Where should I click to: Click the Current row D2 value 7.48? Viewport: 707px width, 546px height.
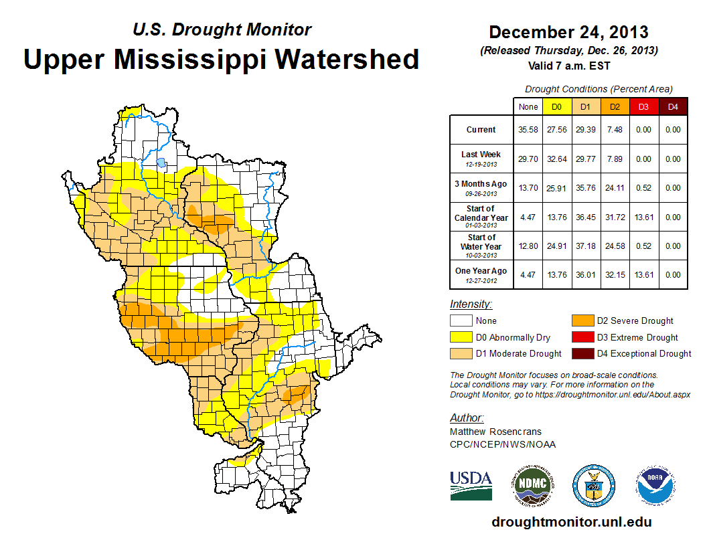(614, 130)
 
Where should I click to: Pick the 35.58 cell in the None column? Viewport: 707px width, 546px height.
(528, 130)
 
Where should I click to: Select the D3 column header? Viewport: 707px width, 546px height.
(643, 106)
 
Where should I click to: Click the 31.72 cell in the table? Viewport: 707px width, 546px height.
(614, 217)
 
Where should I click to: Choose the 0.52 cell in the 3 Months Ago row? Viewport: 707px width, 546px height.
(643, 188)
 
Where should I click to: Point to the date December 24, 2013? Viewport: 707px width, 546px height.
(568, 32)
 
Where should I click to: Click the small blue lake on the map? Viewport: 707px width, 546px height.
(161, 162)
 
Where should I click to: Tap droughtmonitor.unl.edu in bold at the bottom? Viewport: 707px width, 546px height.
(571, 522)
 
